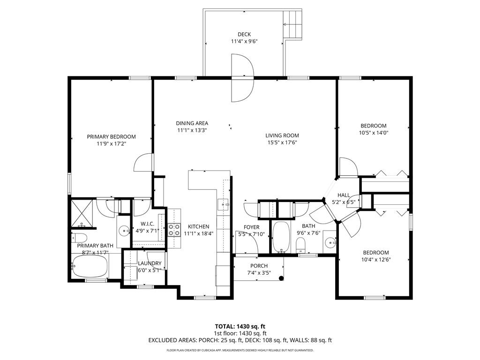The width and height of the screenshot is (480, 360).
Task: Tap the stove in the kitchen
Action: (x=174, y=229)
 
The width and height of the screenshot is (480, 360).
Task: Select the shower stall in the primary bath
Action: (x=83, y=213)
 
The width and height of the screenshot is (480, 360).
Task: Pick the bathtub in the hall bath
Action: (x=281, y=237)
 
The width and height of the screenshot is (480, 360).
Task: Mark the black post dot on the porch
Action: (x=281, y=278)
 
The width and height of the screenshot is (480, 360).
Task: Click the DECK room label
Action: (x=244, y=34)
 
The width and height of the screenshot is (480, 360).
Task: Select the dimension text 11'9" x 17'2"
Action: (x=111, y=144)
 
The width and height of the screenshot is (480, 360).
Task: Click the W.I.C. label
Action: (x=147, y=224)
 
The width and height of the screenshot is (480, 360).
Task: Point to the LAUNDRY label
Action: (x=150, y=263)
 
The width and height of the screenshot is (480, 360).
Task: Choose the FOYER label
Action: (x=252, y=227)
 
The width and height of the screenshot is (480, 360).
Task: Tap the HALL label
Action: (x=344, y=195)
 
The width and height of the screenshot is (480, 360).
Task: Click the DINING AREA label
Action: (x=192, y=123)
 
